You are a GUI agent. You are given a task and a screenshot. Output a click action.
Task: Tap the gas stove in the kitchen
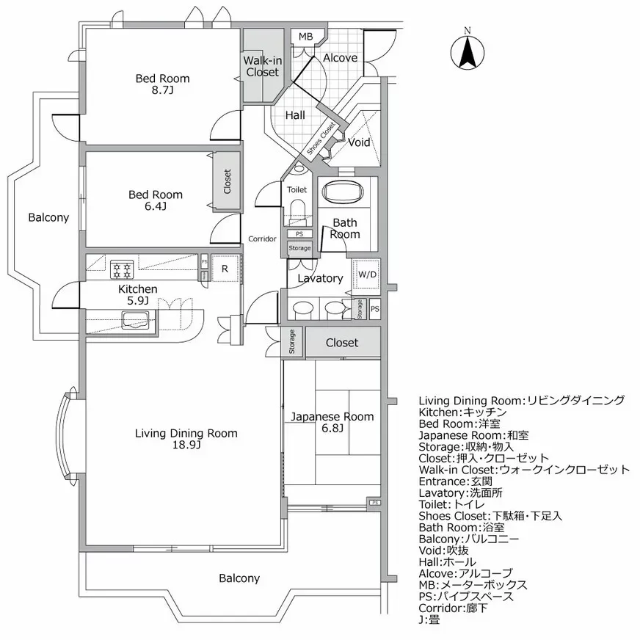(x=121, y=269)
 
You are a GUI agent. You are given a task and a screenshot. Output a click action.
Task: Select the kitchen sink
(x=137, y=319)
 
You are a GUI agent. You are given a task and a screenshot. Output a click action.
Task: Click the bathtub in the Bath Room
(x=344, y=192)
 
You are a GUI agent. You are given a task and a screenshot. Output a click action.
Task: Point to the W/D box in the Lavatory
(x=366, y=275)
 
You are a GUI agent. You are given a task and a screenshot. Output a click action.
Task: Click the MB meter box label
(x=305, y=37)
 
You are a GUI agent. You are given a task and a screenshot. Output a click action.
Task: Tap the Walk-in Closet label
(x=262, y=66)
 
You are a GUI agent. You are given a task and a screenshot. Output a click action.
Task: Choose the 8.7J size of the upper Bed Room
(x=162, y=91)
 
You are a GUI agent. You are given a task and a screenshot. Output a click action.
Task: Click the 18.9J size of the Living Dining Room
(x=186, y=446)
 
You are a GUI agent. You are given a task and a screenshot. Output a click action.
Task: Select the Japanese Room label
(x=332, y=416)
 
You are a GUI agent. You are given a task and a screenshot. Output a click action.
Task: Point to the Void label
(x=359, y=142)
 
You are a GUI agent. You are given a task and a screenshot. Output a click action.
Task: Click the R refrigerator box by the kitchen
(x=225, y=269)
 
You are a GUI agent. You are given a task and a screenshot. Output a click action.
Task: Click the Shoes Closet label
(x=321, y=138)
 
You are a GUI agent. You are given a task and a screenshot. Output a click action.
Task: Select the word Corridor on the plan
(x=262, y=239)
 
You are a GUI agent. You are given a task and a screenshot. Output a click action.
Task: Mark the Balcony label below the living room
(x=239, y=578)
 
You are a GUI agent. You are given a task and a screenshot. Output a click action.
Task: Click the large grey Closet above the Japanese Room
(x=342, y=343)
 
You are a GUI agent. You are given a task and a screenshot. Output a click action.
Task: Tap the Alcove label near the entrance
(x=340, y=58)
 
